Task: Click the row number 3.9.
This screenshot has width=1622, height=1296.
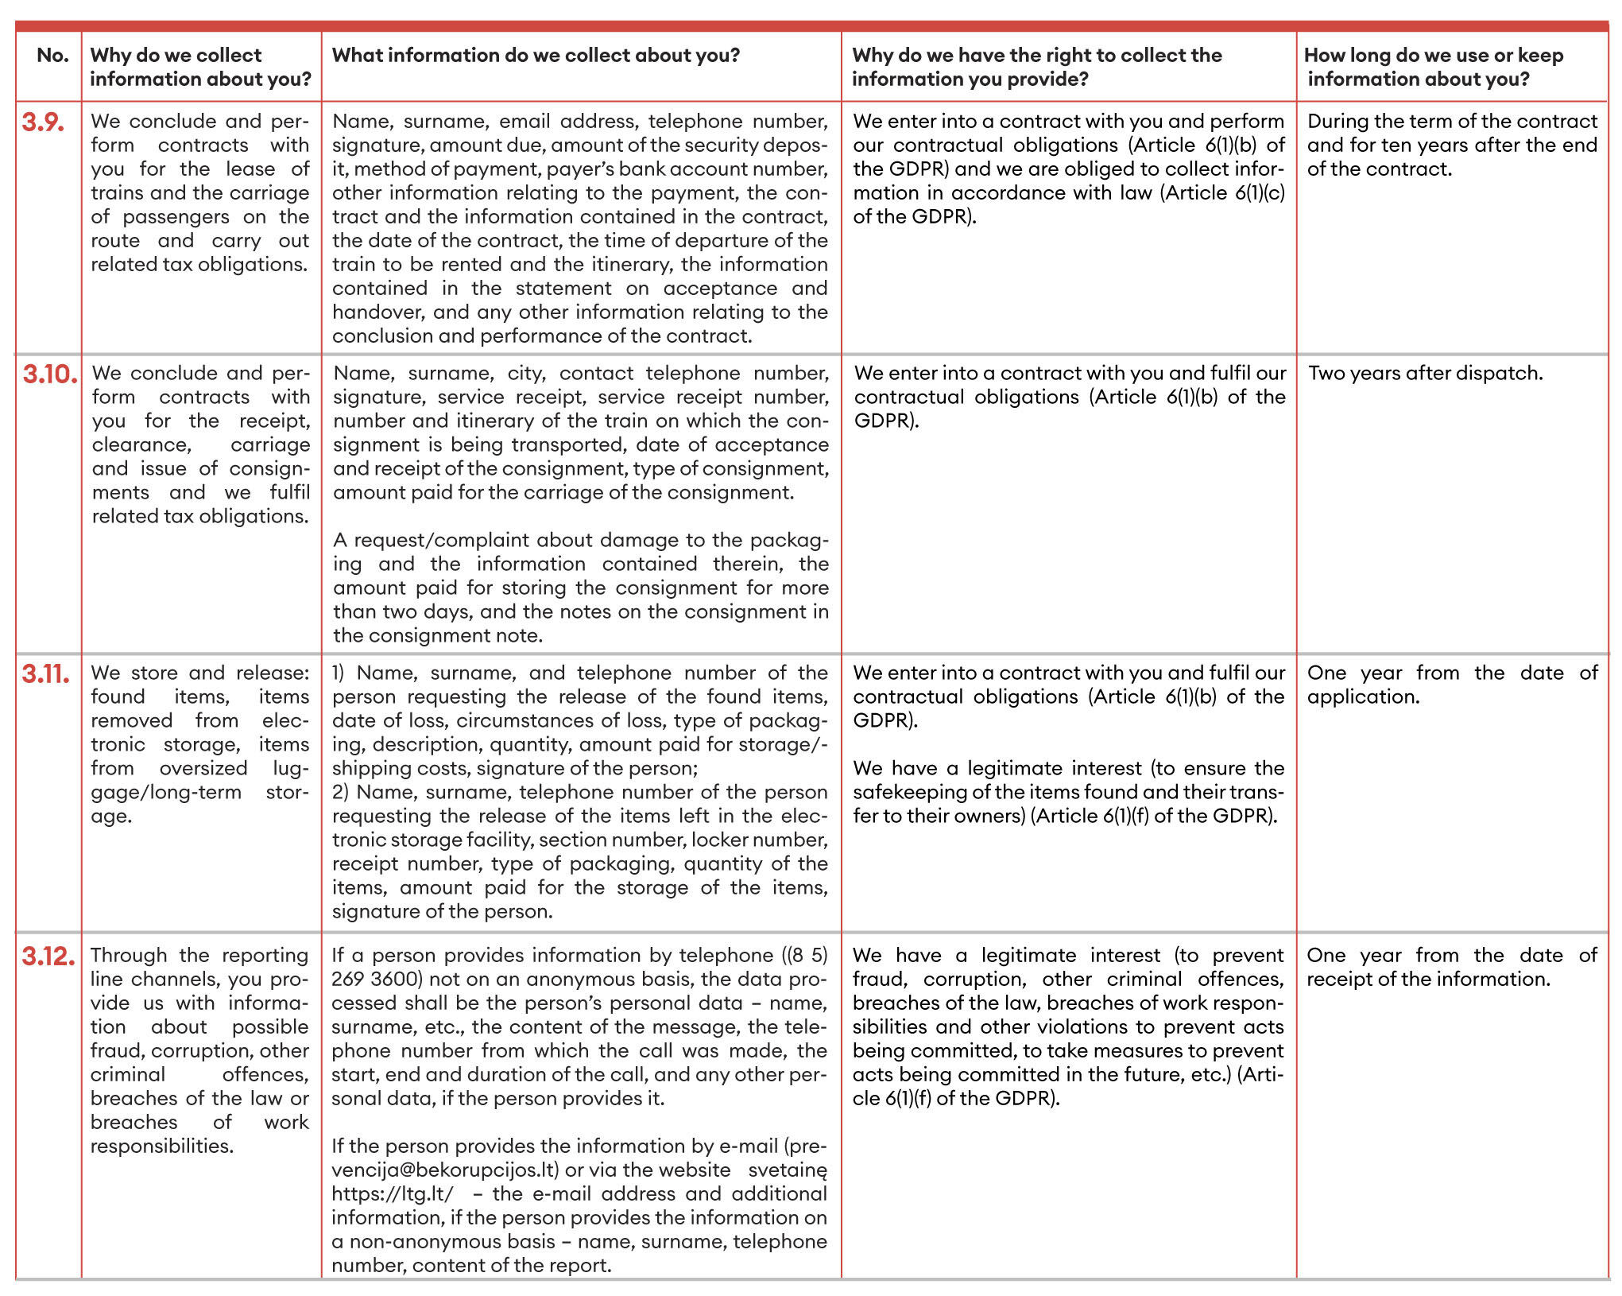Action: [43, 122]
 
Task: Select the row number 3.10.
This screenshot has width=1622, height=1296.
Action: [49, 374]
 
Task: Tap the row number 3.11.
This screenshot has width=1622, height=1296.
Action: [45, 674]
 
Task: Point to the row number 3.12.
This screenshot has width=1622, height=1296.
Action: [48, 956]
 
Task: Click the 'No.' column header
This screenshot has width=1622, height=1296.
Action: [52, 56]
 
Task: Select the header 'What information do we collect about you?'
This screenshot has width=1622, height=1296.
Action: [536, 56]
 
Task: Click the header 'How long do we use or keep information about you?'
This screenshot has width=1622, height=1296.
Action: [1434, 67]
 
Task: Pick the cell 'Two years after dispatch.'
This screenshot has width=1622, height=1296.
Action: [1426, 374]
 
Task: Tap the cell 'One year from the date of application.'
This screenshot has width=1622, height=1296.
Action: [1452, 685]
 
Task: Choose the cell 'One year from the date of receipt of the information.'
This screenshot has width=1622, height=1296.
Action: [1452, 967]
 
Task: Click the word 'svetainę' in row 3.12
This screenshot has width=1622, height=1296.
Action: [787, 1170]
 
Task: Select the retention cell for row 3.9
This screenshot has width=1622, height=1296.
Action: [1452, 146]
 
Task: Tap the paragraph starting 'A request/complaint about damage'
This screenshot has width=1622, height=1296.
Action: [580, 588]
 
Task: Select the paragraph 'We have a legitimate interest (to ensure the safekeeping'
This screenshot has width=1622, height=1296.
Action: [1068, 792]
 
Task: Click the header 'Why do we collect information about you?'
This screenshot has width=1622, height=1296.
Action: [200, 67]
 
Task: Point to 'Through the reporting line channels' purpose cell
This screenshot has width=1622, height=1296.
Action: [199, 1050]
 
